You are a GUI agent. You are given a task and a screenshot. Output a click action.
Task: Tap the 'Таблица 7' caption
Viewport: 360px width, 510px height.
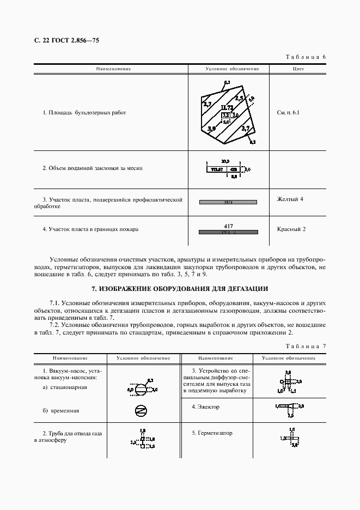click(306, 347)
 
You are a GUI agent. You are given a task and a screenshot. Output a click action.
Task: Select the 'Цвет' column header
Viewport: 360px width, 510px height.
click(298, 69)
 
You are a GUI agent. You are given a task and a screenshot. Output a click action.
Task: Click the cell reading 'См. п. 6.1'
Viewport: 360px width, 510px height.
click(288, 113)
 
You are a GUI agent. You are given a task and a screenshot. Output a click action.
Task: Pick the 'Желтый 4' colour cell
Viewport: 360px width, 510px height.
click(290, 199)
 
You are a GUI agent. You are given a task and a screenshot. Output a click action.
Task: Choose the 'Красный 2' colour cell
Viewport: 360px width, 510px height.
click(291, 229)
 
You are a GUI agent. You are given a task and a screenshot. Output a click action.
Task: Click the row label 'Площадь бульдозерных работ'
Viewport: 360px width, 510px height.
click(84, 113)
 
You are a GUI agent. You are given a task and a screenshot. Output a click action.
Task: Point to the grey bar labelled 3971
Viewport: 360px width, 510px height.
click(228, 202)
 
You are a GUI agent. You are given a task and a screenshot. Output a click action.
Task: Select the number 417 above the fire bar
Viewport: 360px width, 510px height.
click(228, 225)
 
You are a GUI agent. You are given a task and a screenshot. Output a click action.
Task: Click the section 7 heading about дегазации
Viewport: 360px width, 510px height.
click(180, 288)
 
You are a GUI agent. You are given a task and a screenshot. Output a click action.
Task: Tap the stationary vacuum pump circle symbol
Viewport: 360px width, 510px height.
click(141, 390)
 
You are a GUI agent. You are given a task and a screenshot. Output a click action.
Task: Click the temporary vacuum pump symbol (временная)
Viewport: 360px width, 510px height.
click(141, 410)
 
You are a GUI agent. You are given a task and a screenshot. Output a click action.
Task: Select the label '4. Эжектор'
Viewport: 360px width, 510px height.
click(205, 406)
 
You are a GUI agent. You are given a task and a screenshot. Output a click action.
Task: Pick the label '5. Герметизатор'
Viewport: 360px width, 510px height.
click(212, 433)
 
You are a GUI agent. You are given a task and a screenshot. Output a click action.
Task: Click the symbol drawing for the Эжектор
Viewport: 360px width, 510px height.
click(289, 406)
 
